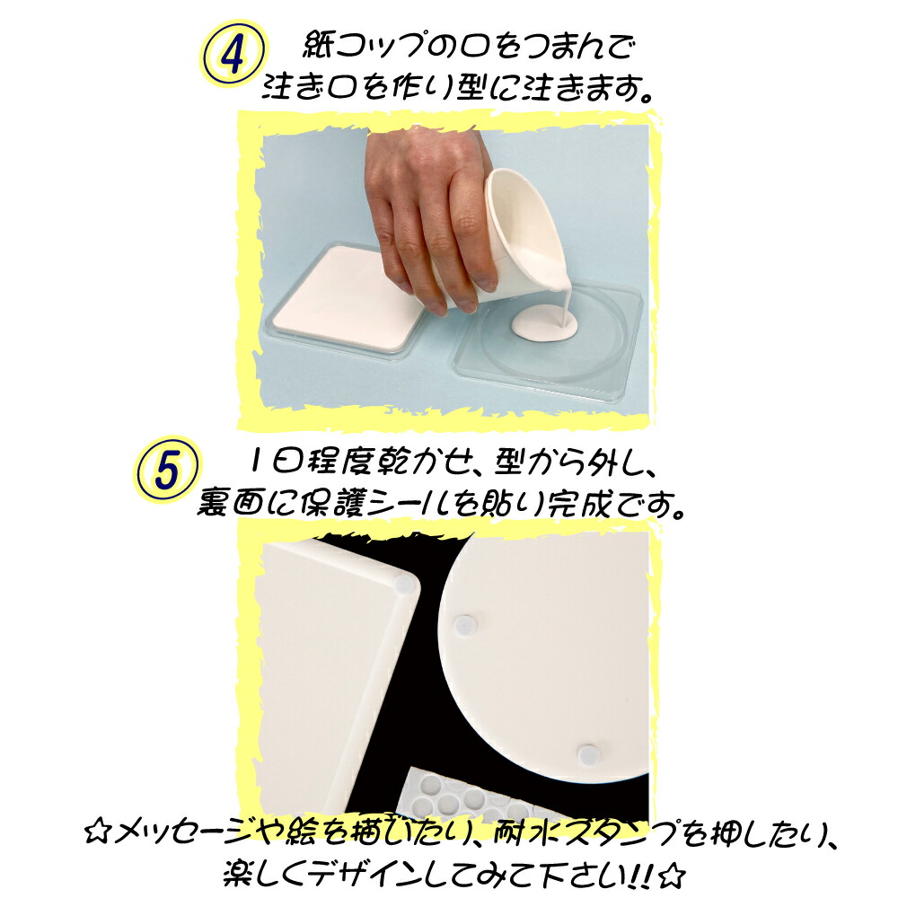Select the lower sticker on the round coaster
(588, 753)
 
